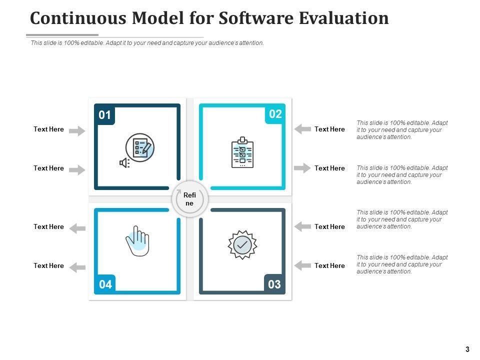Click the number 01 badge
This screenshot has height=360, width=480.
[104, 115]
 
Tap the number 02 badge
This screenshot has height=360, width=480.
[275, 114]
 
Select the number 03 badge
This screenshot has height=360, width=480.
[274, 285]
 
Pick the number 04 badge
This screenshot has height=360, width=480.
[105, 285]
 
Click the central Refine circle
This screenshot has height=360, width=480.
[189, 199]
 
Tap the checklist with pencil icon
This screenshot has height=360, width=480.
[140, 148]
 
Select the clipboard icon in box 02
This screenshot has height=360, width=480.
[242, 152]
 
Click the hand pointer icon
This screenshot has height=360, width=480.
[137, 241]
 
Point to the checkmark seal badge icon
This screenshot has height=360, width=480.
[242, 244]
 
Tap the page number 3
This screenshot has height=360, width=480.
[467, 349]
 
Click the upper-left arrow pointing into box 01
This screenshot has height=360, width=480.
[77, 131]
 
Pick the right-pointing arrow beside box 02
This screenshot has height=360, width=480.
[302, 168]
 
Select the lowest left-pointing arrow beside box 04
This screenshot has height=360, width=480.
[77, 267]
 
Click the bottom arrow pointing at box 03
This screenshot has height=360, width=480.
[302, 265]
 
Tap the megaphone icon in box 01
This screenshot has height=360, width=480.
[124, 162]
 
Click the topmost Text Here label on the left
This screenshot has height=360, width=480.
[48, 129]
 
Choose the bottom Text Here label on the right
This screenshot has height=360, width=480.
[329, 266]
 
